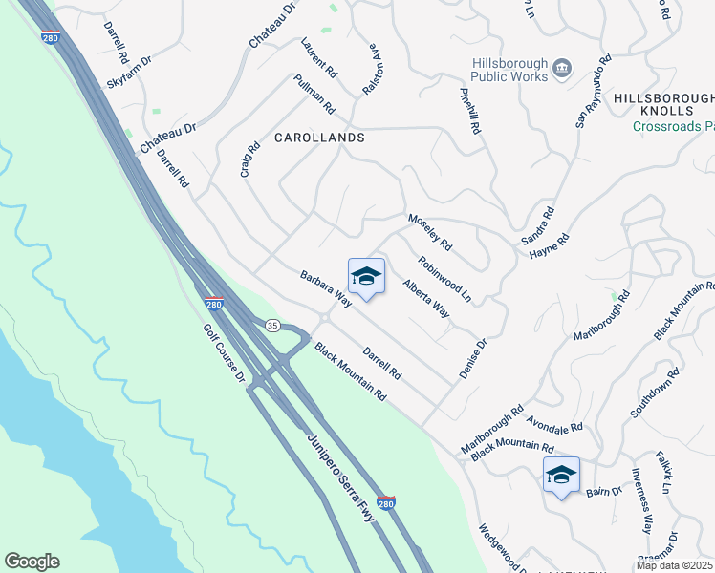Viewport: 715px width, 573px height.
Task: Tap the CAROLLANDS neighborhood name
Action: pyautogui.click(x=319, y=138)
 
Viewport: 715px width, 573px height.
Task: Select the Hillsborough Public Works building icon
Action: pyautogui.click(x=562, y=69)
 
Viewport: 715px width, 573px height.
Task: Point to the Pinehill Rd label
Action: pyautogui.click(x=468, y=110)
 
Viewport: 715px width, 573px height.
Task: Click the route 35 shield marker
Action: pyautogui.click(x=272, y=325)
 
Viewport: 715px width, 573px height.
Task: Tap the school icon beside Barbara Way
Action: pyautogui.click(x=366, y=277)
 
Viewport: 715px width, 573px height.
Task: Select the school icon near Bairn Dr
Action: pyautogui.click(x=561, y=475)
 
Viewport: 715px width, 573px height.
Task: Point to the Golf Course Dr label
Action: pyautogui.click(x=225, y=354)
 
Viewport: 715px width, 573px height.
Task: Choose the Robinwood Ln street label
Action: pyautogui.click(x=444, y=278)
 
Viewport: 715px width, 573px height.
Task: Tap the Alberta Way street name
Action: pyautogui.click(x=426, y=298)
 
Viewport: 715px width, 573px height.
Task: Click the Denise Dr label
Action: pyautogui.click(x=473, y=358)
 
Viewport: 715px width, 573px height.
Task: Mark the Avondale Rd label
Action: pyautogui.click(x=554, y=420)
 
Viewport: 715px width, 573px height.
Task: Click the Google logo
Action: pyautogui.click(x=32, y=562)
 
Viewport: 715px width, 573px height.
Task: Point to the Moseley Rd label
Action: pyautogui.click(x=429, y=232)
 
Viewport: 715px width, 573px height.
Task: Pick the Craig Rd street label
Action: pyautogui.click(x=250, y=160)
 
